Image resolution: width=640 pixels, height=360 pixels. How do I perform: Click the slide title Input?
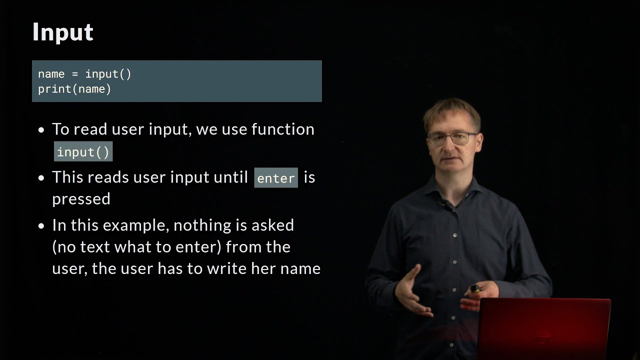point(62,32)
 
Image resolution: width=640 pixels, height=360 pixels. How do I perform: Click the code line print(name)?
point(74,89)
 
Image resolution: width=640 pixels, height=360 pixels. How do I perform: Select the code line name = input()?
point(84,74)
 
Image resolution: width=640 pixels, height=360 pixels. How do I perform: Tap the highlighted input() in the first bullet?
point(83,152)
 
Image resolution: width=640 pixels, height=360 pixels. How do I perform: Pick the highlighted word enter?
point(276,178)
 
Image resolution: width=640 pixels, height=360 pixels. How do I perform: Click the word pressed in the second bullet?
point(81,199)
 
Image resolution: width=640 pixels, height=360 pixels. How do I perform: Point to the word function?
point(282,129)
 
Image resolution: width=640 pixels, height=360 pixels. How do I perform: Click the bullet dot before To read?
point(41,130)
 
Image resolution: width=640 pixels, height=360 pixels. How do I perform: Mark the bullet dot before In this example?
point(41,226)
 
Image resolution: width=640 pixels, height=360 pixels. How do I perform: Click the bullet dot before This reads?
point(41,178)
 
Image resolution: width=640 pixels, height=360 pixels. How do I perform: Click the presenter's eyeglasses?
point(451,138)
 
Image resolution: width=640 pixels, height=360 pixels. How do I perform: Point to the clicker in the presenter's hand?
point(474,288)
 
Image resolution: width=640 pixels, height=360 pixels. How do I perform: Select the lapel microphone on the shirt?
point(441,203)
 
